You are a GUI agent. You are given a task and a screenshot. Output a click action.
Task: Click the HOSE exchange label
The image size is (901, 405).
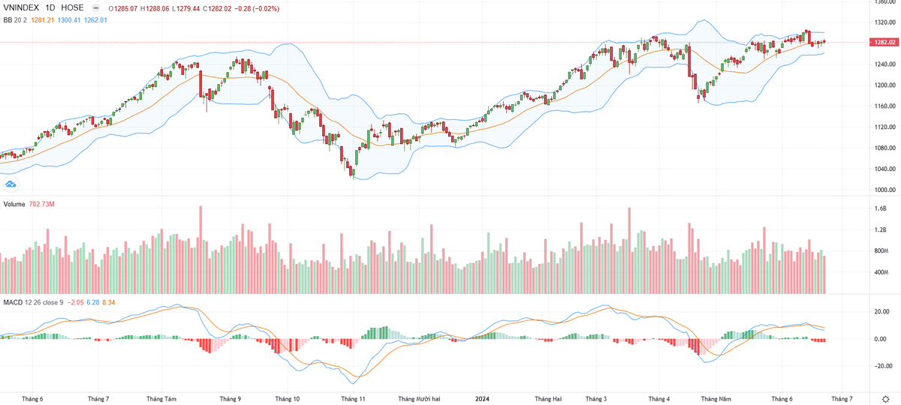pyautogui.click(x=73, y=7)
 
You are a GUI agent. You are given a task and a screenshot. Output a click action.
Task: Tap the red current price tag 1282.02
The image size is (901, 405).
pyautogui.click(x=883, y=42)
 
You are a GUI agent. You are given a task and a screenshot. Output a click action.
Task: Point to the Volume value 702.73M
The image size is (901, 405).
pyautogui.click(x=44, y=204)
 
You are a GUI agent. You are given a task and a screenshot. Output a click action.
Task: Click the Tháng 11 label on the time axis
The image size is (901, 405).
pyautogui.click(x=353, y=399)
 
